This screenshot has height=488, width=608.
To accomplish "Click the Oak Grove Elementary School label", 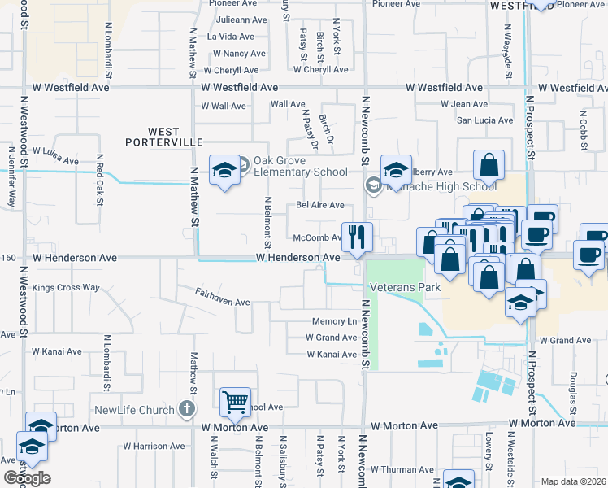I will [x=300, y=166].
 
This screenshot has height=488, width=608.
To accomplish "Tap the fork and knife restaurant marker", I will [x=357, y=237].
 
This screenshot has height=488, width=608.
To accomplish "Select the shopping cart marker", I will [x=235, y=401].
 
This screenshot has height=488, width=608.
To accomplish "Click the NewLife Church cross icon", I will [x=186, y=409].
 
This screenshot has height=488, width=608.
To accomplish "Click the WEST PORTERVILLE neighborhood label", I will [x=163, y=137].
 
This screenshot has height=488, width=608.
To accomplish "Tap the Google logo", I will [x=26, y=478].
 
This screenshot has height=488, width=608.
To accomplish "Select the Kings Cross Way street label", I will [x=67, y=287].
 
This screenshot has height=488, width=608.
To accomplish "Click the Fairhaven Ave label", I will [x=222, y=302].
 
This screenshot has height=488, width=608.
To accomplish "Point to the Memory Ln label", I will [x=334, y=321].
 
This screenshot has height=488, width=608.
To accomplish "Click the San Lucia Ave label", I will [x=484, y=120].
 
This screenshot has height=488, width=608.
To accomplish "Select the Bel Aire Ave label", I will [x=319, y=205].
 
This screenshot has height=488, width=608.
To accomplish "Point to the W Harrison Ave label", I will [x=155, y=447].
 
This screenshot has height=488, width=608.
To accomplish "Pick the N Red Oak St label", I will [x=99, y=174].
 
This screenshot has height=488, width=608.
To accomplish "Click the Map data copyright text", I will [x=574, y=481].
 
